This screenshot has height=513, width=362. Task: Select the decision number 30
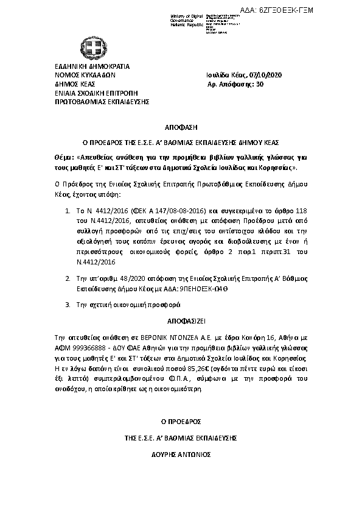pyautogui.click(x=260, y=85)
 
